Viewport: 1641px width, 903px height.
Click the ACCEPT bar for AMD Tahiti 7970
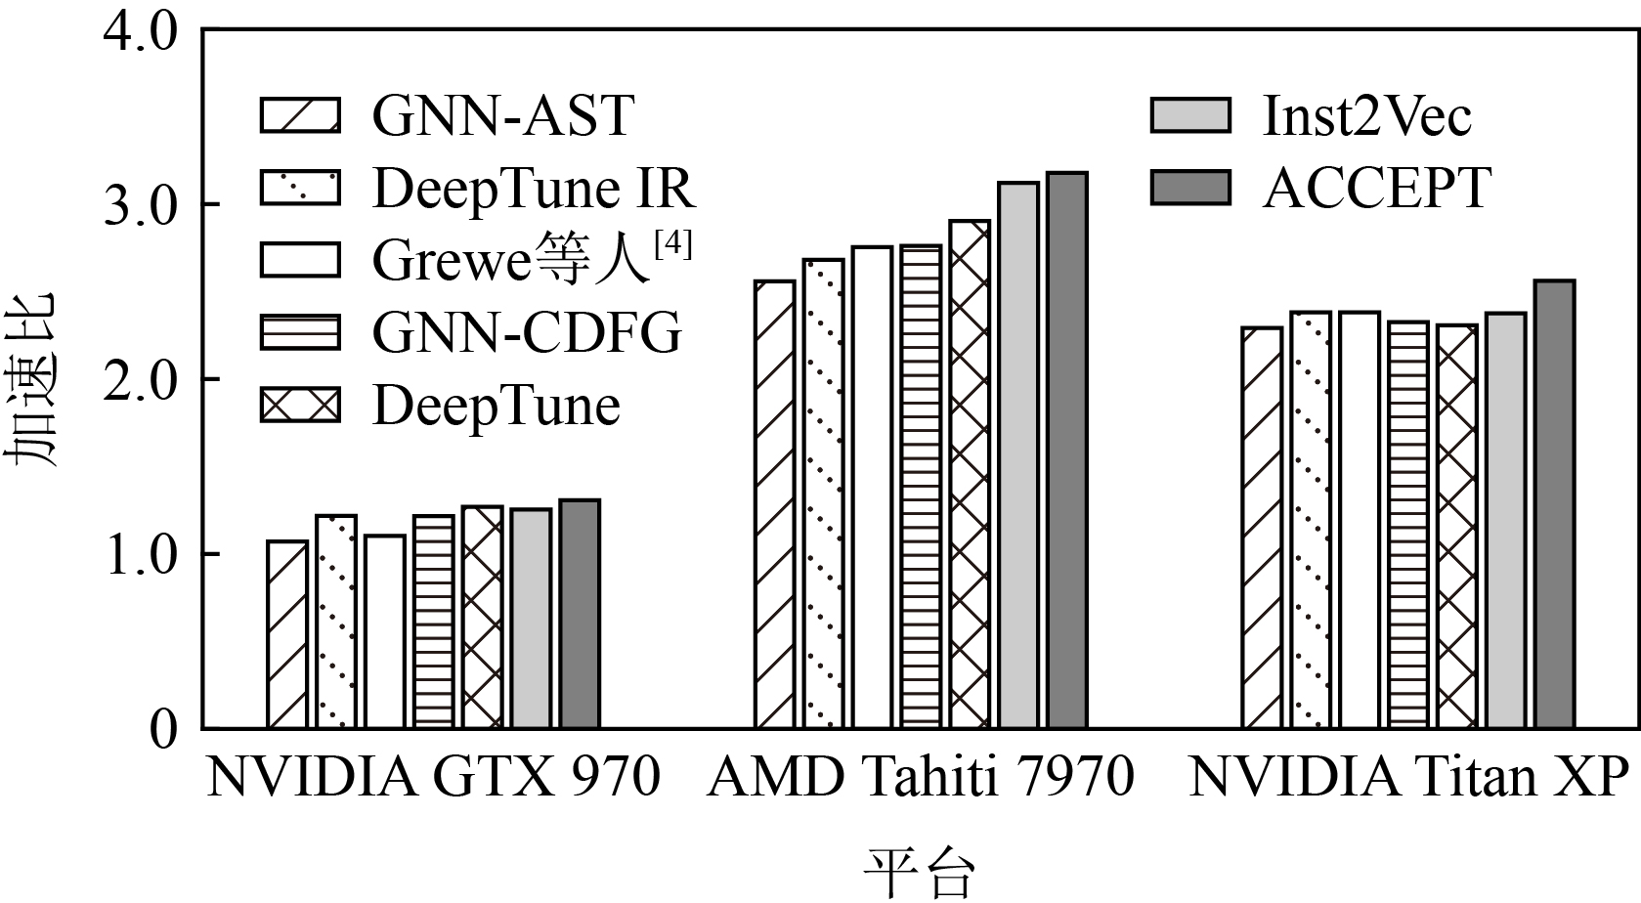coord(1066,451)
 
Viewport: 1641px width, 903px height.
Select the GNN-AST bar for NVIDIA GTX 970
coord(286,634)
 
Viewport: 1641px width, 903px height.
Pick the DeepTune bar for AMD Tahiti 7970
coord(969,475)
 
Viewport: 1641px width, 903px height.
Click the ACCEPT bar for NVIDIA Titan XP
coord(1554,504)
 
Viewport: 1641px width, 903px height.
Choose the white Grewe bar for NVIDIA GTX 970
coord(384,631)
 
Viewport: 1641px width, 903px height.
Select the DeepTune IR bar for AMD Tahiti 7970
coord(823,494)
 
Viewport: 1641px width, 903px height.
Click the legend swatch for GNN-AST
coord(300,115)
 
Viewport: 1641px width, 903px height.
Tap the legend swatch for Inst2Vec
coord(1189,115)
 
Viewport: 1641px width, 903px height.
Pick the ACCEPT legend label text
coord(1376,188)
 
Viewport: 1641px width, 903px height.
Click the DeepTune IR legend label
coord(534,188)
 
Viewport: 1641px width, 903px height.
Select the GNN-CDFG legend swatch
coord(300,332)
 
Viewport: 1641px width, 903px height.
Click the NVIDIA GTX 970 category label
coord(433,779)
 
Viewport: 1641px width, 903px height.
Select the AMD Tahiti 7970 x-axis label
coord(920,779)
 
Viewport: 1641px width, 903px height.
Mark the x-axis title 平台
coord(919,873)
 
